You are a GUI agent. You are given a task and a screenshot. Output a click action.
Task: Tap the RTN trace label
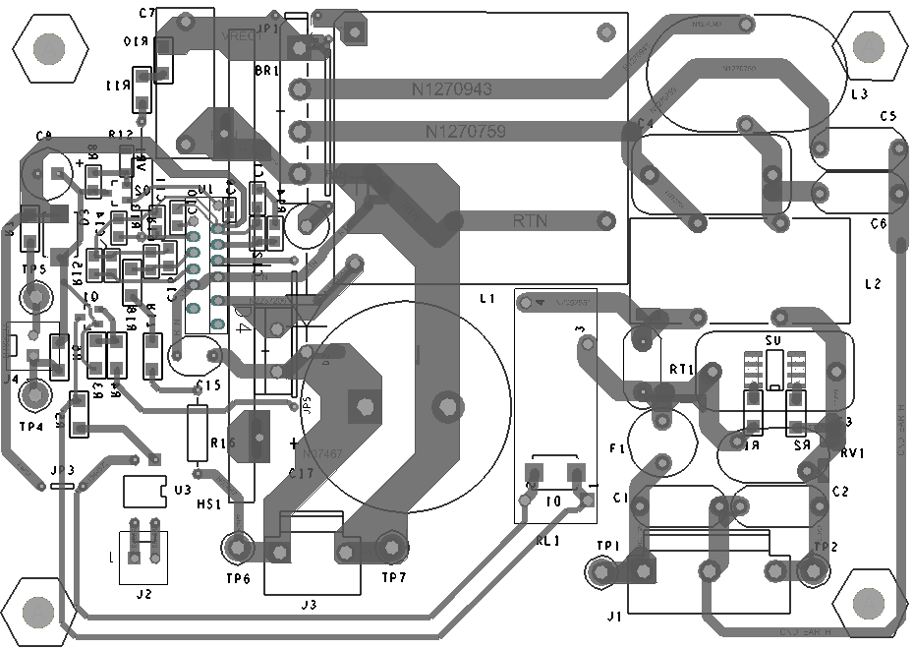point(531,221)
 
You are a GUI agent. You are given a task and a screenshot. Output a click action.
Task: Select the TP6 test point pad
point(237,547)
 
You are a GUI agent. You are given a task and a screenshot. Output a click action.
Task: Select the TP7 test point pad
point(391,547)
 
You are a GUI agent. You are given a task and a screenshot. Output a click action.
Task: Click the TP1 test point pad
point(599,571)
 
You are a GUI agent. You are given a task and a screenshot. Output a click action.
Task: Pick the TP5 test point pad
point(36,296)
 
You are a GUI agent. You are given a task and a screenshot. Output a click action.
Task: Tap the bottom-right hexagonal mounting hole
point(869,603)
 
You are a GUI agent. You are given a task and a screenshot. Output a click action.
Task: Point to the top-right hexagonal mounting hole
point(870,46)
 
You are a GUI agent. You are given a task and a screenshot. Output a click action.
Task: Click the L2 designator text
point(873,284)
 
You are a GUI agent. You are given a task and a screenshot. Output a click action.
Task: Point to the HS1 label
point(208,504)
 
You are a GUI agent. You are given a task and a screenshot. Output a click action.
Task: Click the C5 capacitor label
point(888,116)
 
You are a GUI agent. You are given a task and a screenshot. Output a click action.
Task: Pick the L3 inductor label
point(859,94)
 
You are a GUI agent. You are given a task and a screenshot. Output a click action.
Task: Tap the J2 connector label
point(143,594)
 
